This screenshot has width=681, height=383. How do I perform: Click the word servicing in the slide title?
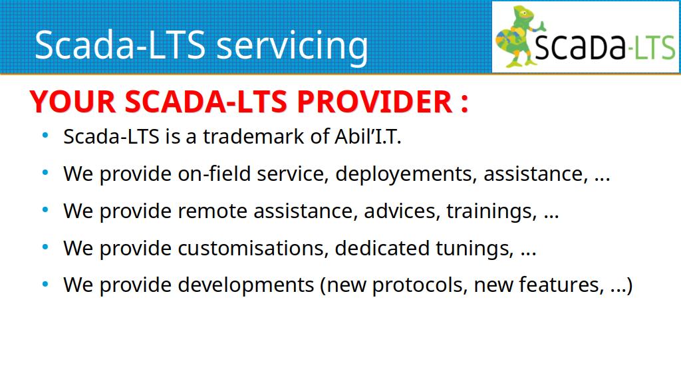pos(292,46)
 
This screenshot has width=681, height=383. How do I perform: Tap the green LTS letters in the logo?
pos(655,47)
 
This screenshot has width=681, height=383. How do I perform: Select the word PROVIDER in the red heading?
pos(375,102)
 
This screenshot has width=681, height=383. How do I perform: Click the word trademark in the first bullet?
pos(253,136)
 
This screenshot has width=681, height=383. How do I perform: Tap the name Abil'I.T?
pos(368,136)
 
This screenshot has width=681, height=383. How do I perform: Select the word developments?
pos(246,286)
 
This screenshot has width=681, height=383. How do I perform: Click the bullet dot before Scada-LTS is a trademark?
pos(45,136)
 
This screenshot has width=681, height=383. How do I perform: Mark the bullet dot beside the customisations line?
pos(45,247)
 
